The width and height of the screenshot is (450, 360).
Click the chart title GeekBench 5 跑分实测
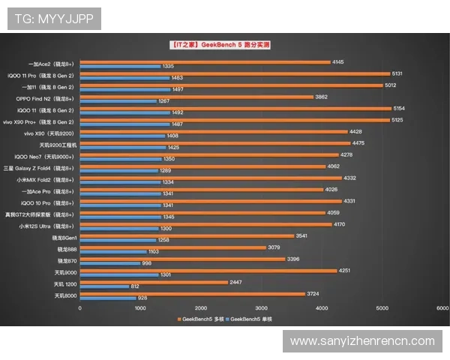click(219, 45)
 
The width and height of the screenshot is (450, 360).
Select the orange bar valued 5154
click(235, 108)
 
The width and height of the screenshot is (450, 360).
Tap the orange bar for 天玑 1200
click(154, 282)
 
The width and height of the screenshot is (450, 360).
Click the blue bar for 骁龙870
click(109, 263)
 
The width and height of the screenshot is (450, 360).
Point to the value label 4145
click(337, 62)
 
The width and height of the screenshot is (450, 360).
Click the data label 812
click(135, 286)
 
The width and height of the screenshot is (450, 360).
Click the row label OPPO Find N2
click(45, 99)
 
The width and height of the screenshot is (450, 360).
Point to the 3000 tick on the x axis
click(261, 307)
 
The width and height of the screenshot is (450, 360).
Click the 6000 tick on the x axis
click(442, 307)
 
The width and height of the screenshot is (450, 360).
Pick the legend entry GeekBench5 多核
click(201, 319)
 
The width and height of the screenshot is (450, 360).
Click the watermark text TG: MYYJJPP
click(51, 19)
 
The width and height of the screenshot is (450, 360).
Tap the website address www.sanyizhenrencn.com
click(362, 341)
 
